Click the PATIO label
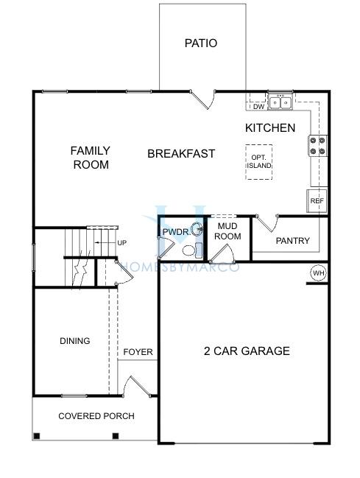[201, 43]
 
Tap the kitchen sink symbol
[280, 102]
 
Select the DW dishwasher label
[259, 107]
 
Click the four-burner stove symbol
[317, 146]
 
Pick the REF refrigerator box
[317, 201]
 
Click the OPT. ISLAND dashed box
[259, 162]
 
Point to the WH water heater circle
[319, 273]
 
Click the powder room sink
[197, 229]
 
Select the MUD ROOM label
[227, 231]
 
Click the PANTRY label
[292, 241]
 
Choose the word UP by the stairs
[122, 243]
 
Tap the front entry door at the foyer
[137, 387]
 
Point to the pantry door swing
[267, 223]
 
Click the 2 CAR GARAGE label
[247, 351]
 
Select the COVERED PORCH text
[96, 416]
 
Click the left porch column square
[37, 436]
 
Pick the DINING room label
[75, 341]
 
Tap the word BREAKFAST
[181, 154]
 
